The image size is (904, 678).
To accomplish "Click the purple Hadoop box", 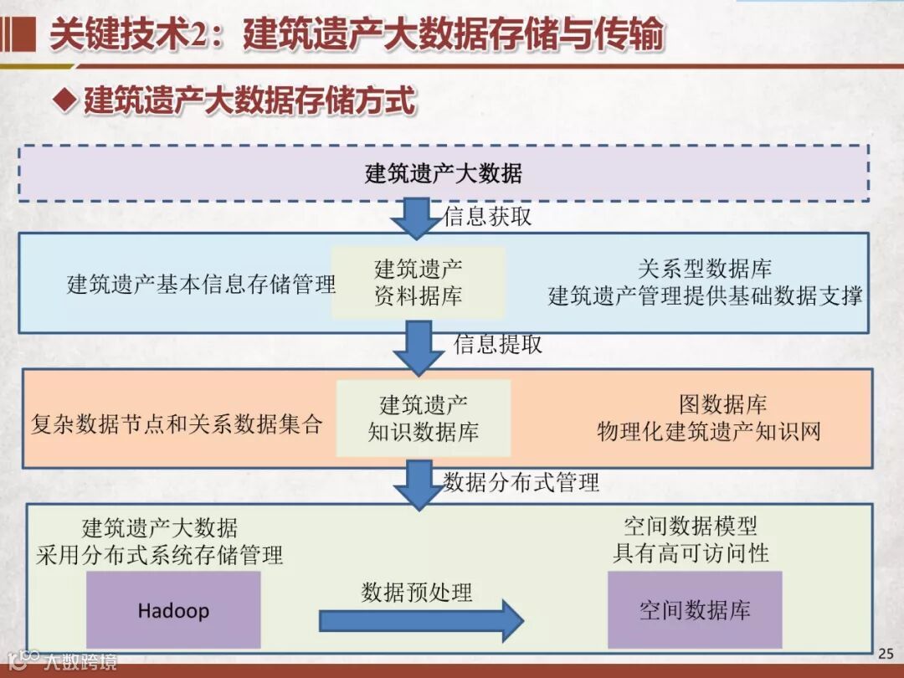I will coord(173,609).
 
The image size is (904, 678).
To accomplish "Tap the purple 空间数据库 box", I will coord(695,609).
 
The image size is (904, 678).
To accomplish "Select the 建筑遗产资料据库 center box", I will coord(419,282).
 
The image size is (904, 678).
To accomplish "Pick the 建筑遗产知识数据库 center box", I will coord(424,419).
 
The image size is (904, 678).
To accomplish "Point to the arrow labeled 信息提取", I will coord(419,346).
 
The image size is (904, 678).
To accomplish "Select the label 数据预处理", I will coord(417,592).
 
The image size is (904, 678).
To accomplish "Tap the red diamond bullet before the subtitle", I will coord(64,100).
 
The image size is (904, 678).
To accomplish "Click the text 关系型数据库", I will coord(705,269).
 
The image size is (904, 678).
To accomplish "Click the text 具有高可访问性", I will coord(691,552).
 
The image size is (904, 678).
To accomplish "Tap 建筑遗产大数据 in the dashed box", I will coord(444,173).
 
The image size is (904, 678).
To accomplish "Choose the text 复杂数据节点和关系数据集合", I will coord(177,424).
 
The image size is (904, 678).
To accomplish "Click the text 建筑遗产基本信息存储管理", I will coord(201,284).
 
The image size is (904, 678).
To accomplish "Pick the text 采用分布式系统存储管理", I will coord(159,554).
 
